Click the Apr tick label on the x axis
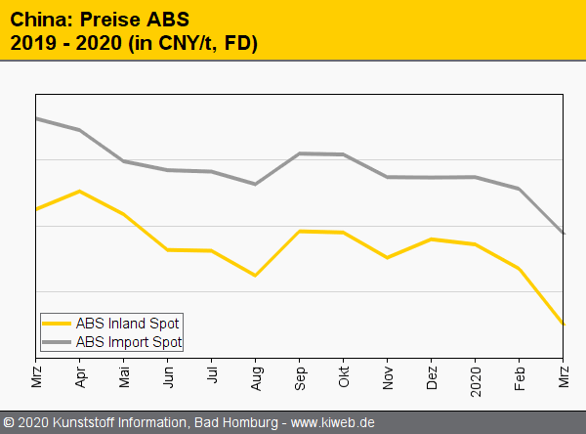click(79, 375)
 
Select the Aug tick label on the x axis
click(256, 375)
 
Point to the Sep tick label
click(299, 375)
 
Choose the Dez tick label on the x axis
click(431, 375)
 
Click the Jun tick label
click(167, 375)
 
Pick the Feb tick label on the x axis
click(519, 375)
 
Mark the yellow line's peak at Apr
click(79, 191)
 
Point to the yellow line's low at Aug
click(255, 276)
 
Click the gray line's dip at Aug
click(255, 184)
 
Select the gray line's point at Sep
click(299, 153)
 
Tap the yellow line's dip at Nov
click(387, 258)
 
